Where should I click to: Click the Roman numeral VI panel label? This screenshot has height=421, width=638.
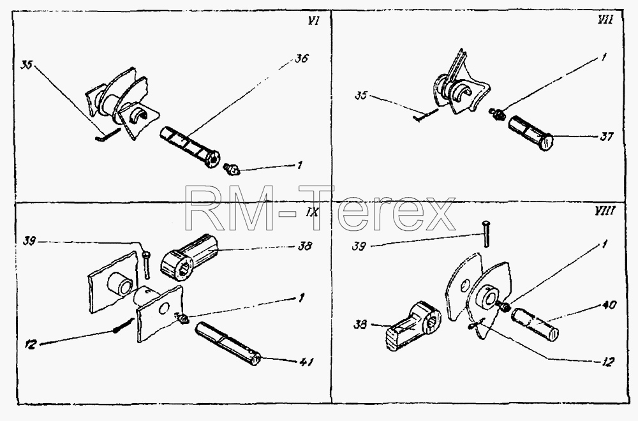click(x=313, y=21)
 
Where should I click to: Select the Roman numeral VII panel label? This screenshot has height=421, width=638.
click(x=605, y=20)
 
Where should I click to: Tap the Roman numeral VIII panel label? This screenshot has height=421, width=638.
click(x=605, y=211)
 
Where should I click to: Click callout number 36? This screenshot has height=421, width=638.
click(x=302, y=59)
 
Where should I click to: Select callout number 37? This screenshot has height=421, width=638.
click(x=606, y=137)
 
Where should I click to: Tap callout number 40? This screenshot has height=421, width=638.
click(x=609, y=305)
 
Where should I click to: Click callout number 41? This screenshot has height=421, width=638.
click(x=306, y=361)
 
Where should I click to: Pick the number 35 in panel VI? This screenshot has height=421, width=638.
click(x=26, y=65)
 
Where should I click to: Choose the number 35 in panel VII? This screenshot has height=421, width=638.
click(x=361, y=96)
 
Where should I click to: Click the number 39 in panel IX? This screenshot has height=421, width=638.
click(x=29, y=242)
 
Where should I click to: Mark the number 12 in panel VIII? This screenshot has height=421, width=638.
click(x=607, y=362)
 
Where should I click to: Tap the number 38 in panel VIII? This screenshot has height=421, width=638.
click(x=360, y=324)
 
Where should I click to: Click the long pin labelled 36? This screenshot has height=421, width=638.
click(x=189, y=147)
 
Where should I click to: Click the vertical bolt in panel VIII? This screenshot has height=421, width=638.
click(x=485, y=233)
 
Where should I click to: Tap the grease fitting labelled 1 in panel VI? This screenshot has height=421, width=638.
click(x=232, y=169)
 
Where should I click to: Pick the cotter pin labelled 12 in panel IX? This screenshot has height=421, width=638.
click(x=124, y=325)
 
